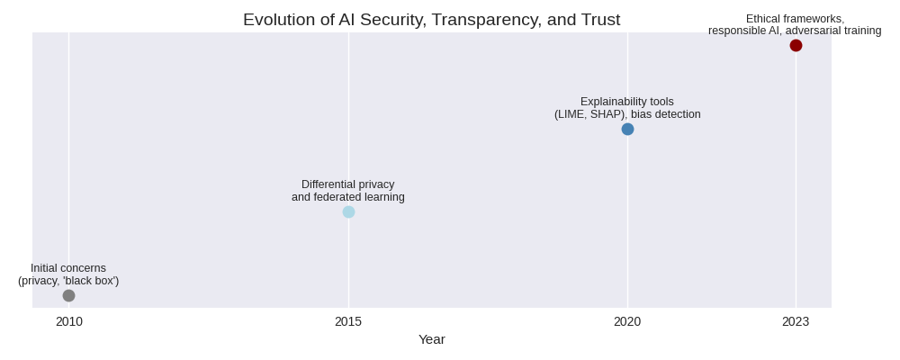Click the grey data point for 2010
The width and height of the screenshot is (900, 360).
click(68, 295)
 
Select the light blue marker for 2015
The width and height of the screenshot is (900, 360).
click(348, 211)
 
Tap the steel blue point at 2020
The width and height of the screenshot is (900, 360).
click(627, 129)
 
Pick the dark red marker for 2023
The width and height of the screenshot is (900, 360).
click(796, 46)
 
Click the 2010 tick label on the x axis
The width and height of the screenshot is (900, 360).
click(68, 321)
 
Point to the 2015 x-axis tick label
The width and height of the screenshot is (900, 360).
click(348, 321)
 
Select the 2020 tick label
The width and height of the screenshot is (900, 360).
click(627, 321)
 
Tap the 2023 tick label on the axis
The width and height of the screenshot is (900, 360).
click(796, 321)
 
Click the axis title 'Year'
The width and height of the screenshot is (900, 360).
click(432, 339)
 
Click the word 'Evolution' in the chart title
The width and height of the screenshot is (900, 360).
click(277, 20)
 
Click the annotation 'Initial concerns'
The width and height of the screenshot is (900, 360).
click(68, 268)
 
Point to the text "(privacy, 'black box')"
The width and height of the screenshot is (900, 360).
click(68, 281)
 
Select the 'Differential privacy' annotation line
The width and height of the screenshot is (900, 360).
click(348, 184)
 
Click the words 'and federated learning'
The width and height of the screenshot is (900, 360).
click(348, 197)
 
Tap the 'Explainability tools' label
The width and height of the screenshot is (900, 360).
click(627, 102)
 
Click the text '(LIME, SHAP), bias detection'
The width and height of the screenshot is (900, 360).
click(627, 114)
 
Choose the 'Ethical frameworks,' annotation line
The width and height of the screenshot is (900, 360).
click(796, 19)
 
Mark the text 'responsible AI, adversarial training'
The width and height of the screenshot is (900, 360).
click(796, 31)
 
